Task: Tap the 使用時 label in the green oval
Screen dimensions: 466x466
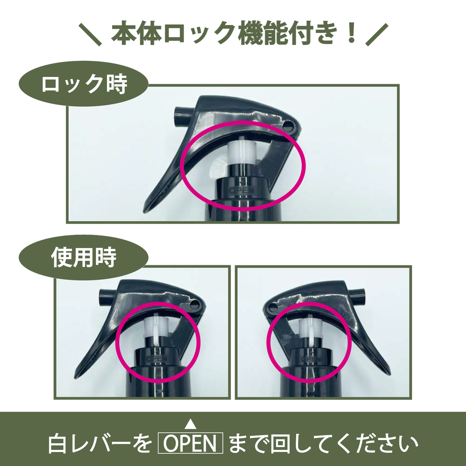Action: [84, 257]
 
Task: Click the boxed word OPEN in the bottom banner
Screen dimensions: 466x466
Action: [190, 443]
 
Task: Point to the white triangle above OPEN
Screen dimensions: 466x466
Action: [190, 424]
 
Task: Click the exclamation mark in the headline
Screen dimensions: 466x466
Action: [352, 33]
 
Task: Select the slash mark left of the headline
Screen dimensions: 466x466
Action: [90, 34]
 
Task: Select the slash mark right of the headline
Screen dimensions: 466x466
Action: [377, 34]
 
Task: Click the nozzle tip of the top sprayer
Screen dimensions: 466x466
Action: [182, 117]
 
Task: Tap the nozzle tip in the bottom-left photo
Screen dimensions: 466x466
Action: [107, 297]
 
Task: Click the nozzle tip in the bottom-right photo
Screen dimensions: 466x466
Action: [357, 297]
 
